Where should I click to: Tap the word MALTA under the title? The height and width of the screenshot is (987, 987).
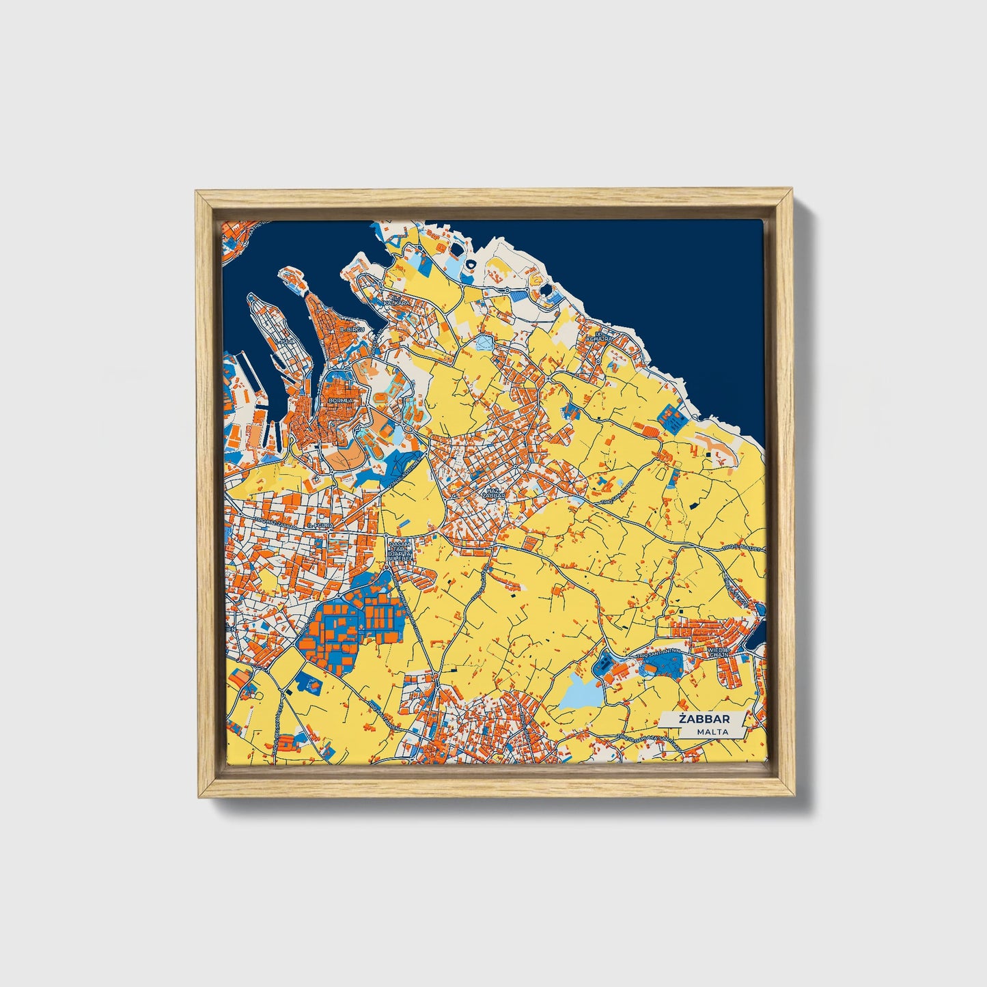(x=712, y=732)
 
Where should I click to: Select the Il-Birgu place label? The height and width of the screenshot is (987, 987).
(x=352, y=329)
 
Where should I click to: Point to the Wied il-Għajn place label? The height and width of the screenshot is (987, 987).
(x=719, y=652)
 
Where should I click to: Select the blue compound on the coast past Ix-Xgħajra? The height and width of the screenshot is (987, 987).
(x=671, y=417)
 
